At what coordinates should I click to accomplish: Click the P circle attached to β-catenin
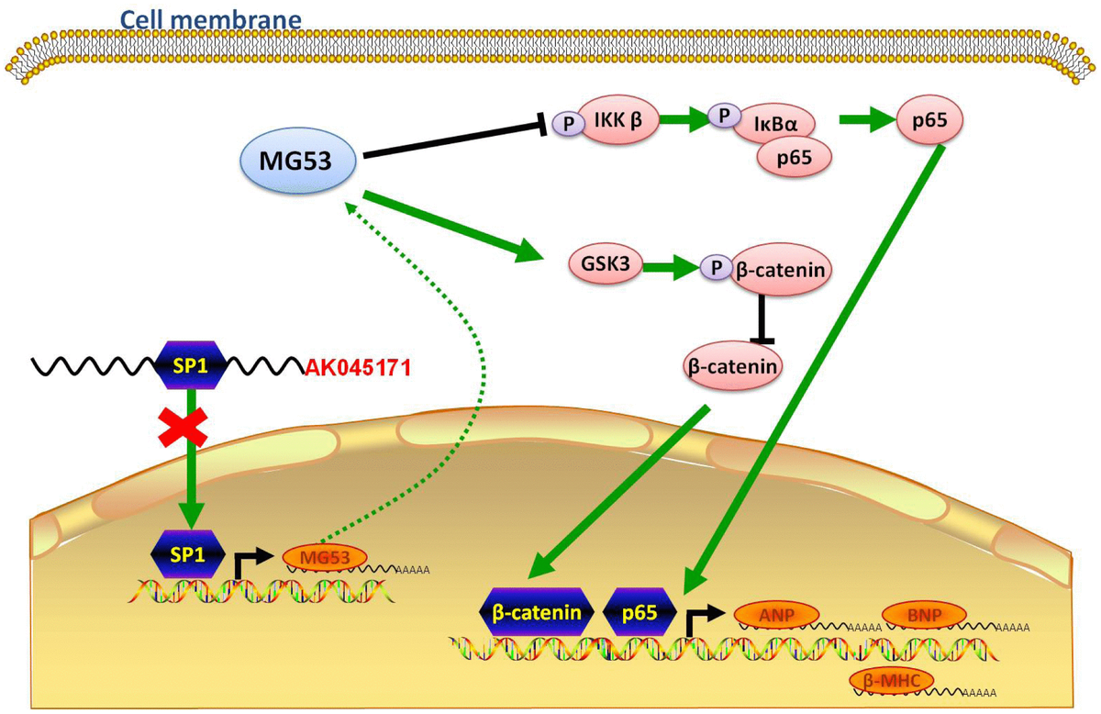point(712,268)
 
